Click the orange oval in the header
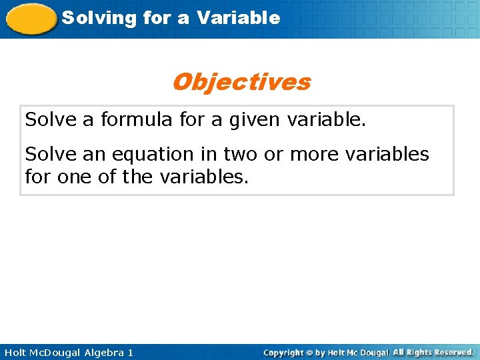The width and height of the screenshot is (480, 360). point(31,19)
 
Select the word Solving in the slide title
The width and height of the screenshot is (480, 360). point(89,18)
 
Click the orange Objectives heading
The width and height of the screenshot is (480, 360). point(241,82)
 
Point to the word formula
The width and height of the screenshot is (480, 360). point(140,121)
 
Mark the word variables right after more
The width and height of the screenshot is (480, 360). point(389,155)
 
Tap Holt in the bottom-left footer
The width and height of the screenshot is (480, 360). point(14,352)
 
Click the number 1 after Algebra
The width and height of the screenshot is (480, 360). point(130,352)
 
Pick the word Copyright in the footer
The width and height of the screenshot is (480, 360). point(283,352)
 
